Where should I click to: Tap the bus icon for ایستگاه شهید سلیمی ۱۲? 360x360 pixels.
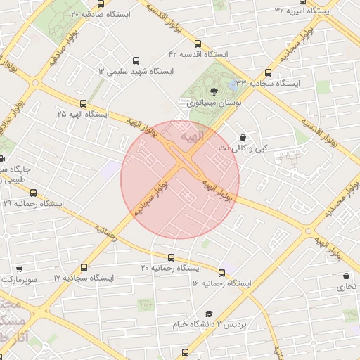(136, 61)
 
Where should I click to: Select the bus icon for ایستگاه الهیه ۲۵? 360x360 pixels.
(84, 103)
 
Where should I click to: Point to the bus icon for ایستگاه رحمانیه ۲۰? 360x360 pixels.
(171, 258)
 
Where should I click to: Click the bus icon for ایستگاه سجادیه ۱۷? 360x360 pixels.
(84, 268)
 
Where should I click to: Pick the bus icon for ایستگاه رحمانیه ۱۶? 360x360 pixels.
(222, 273)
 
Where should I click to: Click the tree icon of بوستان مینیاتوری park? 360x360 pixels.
(214, 91)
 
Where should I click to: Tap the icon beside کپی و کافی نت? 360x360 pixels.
(243, 137)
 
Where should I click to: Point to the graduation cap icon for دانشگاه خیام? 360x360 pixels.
(208, 314)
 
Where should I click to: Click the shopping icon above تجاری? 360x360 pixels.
(346, 276)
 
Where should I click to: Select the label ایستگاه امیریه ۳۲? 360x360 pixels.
(304, 10)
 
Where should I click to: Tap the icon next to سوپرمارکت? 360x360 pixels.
(18, 269)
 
